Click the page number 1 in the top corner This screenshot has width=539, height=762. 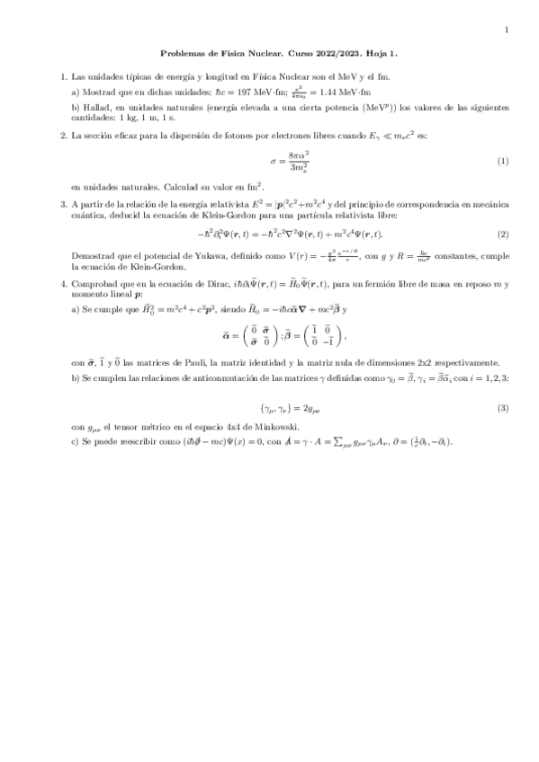pos(507,30)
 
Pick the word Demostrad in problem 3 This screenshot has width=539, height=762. pos(91,256)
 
